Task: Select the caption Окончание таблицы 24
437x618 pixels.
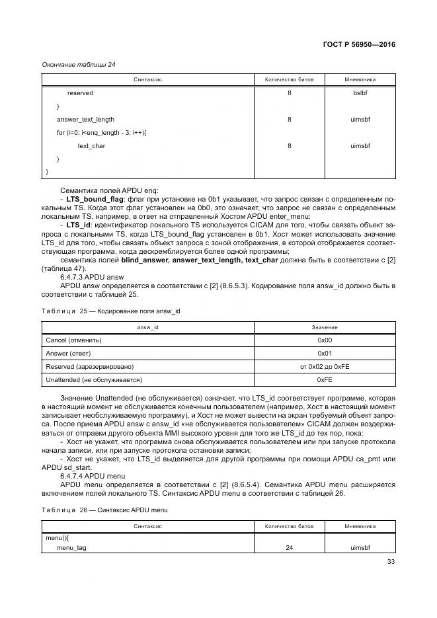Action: tap(79, 64)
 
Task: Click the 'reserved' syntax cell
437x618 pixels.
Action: tap(80, 93)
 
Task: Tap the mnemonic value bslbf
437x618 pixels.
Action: tap(360, 93)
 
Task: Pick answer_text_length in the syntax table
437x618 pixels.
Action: tap(85, 120)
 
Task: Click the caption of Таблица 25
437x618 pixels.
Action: tap(111, 310)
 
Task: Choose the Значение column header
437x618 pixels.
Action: tap(324, 327)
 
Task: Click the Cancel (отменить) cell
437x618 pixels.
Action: tap(73, 340)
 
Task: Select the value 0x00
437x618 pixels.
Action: tap(324, 340)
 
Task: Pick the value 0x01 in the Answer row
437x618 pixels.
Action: tap(324, 353)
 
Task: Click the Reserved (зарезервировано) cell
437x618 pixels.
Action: tap(89, 366)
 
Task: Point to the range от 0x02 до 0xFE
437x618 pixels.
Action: tap(324, 366)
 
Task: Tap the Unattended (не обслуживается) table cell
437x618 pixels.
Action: tap(94, 379)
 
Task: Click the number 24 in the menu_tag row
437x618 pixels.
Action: tap(289, 548)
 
